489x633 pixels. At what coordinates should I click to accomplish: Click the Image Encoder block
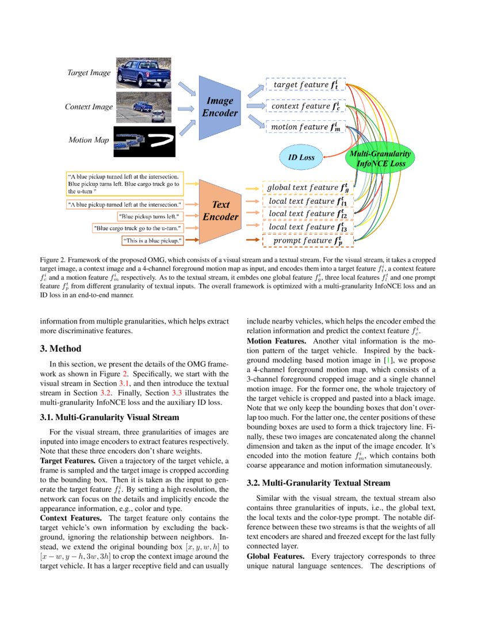[x=218, y=107]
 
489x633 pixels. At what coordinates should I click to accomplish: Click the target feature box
[x=305, y=85]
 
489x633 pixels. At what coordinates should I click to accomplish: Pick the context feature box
[x=305, y=106]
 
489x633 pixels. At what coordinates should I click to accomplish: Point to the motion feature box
[x=305, y=127]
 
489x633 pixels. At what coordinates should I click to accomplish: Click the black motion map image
[x=143, y=141]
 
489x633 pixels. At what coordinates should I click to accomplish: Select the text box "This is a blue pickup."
[x=152, y=239]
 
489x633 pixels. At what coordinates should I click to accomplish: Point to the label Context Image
[x=89, y=107]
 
